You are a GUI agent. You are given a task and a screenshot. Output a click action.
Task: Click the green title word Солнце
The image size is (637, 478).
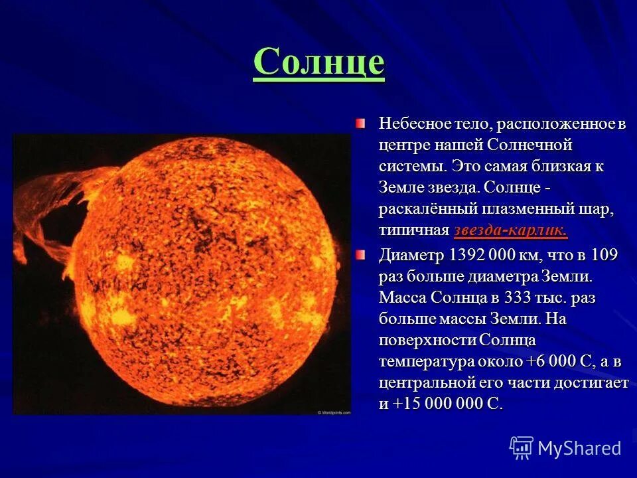pyautogui.click(x=318, y=62)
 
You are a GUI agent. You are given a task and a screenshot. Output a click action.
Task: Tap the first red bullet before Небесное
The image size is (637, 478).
pyautogui.click(x=360, y=123)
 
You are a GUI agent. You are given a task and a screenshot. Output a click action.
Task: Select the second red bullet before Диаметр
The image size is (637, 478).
pyautogui.click(x=360, y=255)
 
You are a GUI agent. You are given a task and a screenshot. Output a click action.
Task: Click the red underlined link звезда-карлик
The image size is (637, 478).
pyautogui.click(x=511, y=230)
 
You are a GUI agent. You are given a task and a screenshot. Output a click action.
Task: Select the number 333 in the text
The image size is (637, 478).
pyautogui.click(x=518, y=297)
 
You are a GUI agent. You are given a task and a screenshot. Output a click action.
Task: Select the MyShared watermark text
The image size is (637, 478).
pyautogui.click(x=579, y=448)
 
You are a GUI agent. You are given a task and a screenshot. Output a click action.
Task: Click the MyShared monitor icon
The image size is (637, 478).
pyautogui.click(x=522, y=447)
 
